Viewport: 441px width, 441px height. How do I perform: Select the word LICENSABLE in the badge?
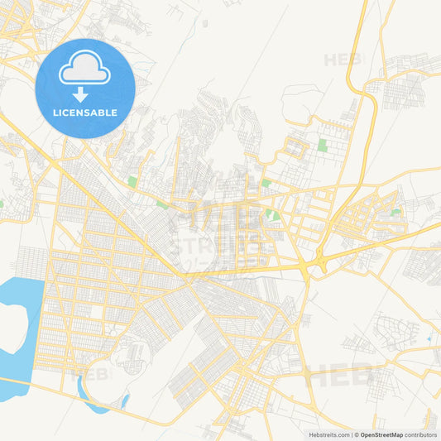85,113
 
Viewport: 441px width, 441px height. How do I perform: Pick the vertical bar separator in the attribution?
351,434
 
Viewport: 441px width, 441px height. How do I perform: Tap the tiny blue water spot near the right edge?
428,339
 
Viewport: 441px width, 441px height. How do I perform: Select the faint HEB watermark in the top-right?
341,60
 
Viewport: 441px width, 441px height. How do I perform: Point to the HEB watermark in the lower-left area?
95,374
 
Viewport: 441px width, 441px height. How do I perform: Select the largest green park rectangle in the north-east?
321,146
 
